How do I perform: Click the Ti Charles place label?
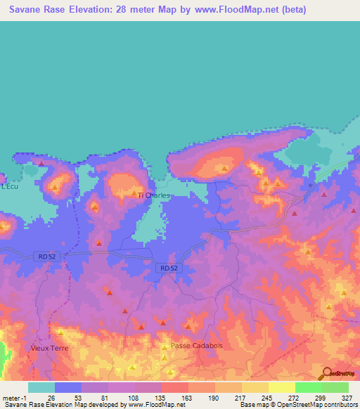[x=154, y=196]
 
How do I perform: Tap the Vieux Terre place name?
[x=48, y=348]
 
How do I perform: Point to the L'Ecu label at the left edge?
[x=8, y=187]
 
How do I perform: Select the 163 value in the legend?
[x=188, y=397]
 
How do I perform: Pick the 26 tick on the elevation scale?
[x=51, y=397]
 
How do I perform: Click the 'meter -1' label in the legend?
[x=14, y=397]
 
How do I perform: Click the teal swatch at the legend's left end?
[x=41, y=387]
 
